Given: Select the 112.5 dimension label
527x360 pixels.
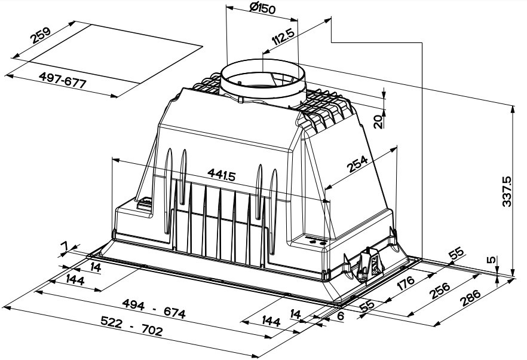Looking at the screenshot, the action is click(283, 36).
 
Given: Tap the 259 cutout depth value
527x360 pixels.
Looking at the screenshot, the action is click(41, 35).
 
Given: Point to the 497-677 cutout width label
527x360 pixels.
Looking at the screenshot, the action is click(63, 80).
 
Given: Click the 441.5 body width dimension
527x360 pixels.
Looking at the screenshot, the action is click(222, 174).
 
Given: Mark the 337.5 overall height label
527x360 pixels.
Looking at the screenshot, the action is click(507, 191).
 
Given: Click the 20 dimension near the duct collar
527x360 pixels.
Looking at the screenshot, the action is click(378, 121).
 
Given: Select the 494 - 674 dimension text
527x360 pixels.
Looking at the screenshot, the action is click(154, 309).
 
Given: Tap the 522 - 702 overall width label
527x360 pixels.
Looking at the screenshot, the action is click(131, 327).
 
